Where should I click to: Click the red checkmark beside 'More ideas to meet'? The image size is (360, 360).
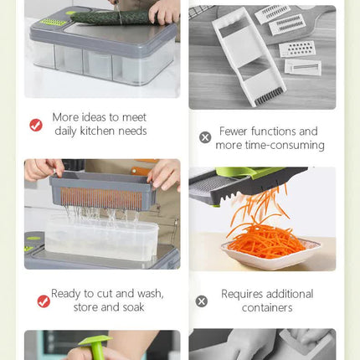pos(36,125)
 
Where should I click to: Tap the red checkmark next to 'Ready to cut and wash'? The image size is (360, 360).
pos(44,301)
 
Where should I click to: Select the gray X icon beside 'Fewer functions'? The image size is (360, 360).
pos(205,137)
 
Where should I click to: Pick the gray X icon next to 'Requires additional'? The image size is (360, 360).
pos(202,301)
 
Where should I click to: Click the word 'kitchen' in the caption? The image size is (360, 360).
pos(97,131)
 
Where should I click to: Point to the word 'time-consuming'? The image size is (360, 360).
pos(285,145)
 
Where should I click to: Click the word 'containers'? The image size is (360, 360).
pos(267,308)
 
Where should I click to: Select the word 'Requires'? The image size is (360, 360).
pos(242,294)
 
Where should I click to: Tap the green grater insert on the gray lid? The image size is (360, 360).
pos(53,23)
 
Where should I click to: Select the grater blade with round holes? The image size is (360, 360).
pos(298,49)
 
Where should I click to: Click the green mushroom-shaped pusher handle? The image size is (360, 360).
pos(95,347)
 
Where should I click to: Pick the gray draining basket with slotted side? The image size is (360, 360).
pos(102,191)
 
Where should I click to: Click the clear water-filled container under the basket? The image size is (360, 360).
pos(102,239)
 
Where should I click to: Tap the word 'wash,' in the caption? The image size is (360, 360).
pos(151,294)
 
